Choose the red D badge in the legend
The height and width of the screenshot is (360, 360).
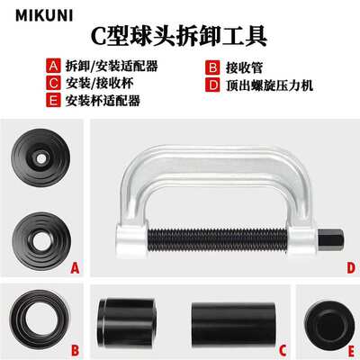pos(212,81)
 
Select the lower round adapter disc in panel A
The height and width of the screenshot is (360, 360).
pos(43,233)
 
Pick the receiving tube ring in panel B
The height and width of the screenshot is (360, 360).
pos(43,320)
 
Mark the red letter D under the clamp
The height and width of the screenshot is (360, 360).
pos(349,267)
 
